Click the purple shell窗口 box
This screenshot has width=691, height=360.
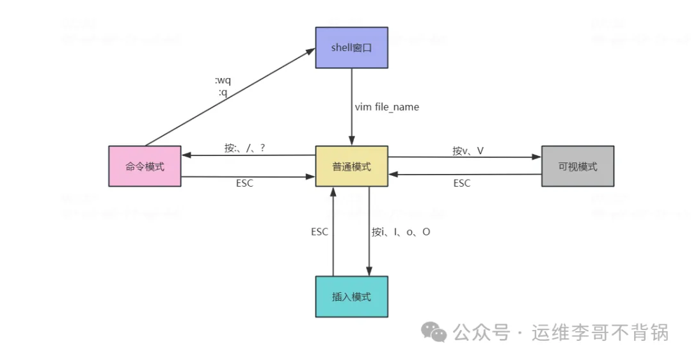tap(351, 47)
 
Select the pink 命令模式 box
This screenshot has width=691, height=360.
tap(145, 166)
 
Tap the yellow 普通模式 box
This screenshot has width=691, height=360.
tap(351, 166)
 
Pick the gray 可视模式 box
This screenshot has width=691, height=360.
tap(577, 166)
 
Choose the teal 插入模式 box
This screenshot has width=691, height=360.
tap(351, 297)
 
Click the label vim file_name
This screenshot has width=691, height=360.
tap(387, 107)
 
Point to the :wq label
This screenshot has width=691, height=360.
tap(223, 81)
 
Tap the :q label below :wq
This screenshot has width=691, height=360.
tap(223, 92)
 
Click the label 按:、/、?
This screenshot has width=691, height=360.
tap(244, 148)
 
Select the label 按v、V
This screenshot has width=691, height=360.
tap(468, 151)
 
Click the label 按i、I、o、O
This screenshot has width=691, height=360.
tap(401, 232)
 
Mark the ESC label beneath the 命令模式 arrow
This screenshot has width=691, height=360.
tap(244, 184)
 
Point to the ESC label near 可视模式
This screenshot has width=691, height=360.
tap(461, 184)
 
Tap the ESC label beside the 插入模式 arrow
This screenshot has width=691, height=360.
tap(319, 232)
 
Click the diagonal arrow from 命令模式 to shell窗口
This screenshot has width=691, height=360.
tap(230, 98)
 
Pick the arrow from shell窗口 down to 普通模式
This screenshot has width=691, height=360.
tap(351, 106)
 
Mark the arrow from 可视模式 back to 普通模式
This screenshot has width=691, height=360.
tap(465, 175)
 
